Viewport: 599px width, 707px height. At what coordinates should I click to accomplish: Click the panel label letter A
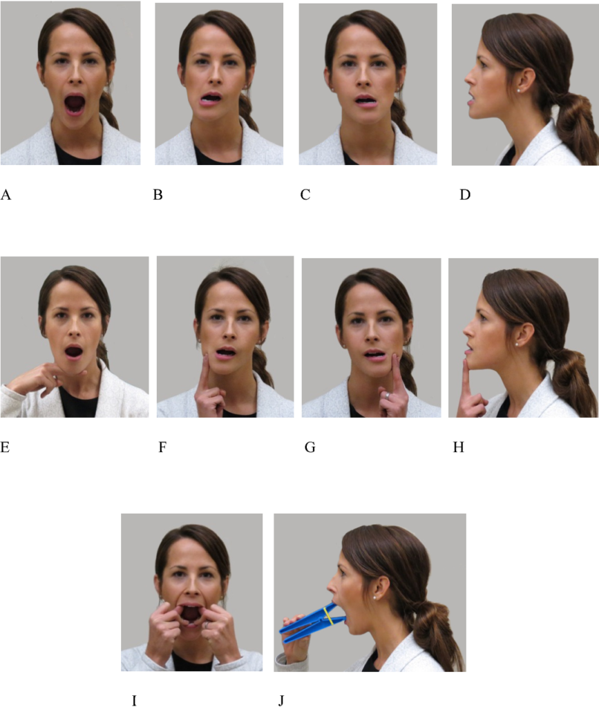click(x=6, y=195)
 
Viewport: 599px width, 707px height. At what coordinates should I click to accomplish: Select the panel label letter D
click(x=465, y=195)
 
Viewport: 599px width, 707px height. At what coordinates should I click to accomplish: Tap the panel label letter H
click(x=458, y=447)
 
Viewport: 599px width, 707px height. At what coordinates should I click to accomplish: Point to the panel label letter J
click(x=281, y=701)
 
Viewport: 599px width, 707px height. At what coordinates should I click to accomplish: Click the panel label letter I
click(x=134, y=701)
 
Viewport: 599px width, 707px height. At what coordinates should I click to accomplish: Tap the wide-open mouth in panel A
click(x=75, y=104)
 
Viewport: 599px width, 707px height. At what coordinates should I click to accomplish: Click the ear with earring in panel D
click(x=523, y=81)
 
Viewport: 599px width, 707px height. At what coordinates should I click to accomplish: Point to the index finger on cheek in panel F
click(x=205, y=373)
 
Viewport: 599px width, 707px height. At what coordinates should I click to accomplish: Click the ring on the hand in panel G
click(x=388, y=395)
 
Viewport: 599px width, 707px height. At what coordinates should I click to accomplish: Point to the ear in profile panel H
click(x=522, y=335)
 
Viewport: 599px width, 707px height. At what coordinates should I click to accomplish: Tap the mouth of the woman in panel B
click(x=211, y=97)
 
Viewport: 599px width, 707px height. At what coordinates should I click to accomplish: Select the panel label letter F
click(x=162, y=447)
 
